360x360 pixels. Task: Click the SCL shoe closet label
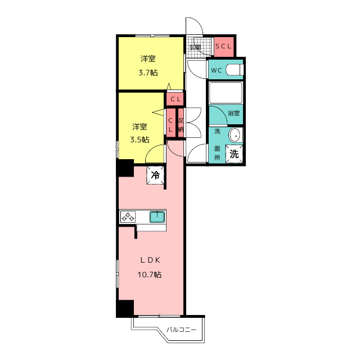(223, 46)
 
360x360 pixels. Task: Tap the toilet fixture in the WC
(235, 70)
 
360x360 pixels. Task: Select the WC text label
(217, 70)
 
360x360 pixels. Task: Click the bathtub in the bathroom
(226, 93)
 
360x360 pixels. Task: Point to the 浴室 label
(234, 113)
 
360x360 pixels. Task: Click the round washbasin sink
(235, 135)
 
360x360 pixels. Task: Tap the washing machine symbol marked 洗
(234, 154)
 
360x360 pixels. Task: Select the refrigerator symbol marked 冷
(155, 175)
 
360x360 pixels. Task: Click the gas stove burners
(128, 217)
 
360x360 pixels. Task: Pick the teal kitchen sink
(157, 217)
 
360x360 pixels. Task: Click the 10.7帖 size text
(150, 274)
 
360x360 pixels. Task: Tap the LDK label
(150, 260)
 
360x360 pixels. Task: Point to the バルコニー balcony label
(181, 330)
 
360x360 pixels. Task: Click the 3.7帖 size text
(148, 73)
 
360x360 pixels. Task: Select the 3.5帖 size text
(139, 139)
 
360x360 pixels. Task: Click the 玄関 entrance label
(195, 47)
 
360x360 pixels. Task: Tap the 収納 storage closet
(181, 124)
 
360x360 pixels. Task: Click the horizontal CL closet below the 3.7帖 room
(175, 99)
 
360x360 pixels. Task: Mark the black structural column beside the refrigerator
(125, 168)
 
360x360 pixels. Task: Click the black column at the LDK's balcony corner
(125, 308)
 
